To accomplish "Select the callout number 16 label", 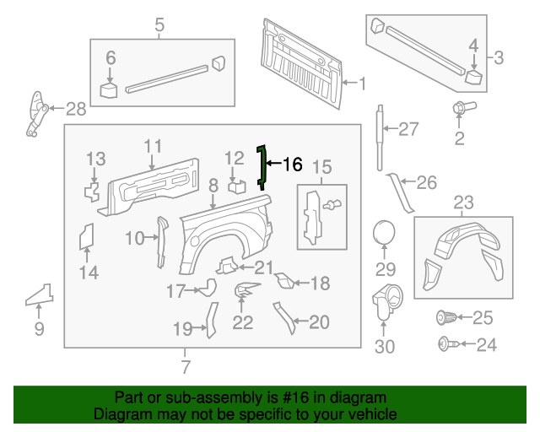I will click(x=291, y=165).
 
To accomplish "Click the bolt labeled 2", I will click(x=460, y=109).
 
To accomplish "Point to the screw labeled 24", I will click(x=445, y=343).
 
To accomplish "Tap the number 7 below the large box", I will click(x=186, y=367).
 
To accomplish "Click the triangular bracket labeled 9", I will click(x=39, y=294).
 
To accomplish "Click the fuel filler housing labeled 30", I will click(x=386, y=300).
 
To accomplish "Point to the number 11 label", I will click(x=152, y=146).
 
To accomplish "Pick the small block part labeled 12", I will click(x=236, y=186).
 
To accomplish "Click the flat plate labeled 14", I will click(x=86, y=237).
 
